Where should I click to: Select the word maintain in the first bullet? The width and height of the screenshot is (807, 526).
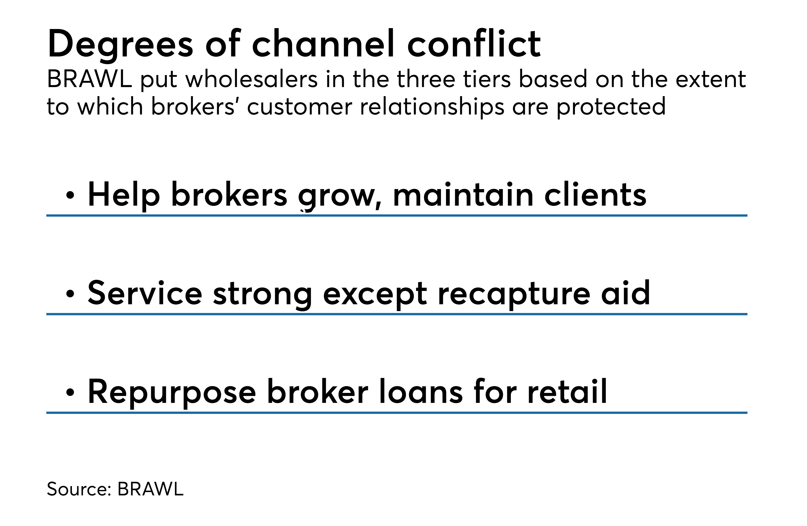point(463,195)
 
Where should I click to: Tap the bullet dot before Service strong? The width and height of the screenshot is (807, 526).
point(70,294)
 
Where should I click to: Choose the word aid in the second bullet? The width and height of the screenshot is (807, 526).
point(626,292)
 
